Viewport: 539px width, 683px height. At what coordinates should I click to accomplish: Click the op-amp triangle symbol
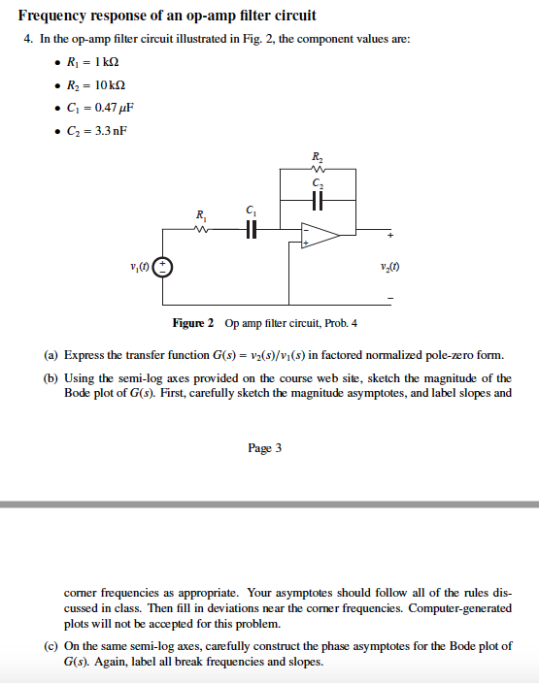click(x=318, y=235)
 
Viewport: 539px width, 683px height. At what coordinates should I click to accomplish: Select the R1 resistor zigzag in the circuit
click(x=202, y=229)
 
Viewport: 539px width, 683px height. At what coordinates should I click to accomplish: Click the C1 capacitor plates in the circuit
click(x=252, y=229)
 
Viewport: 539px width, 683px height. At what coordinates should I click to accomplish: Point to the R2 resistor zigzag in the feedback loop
click(x=318, y=168)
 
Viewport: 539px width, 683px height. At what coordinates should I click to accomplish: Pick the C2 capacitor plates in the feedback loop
click(x=318, y=198)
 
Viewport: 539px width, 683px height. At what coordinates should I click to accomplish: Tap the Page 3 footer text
click(x=265, y=448)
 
